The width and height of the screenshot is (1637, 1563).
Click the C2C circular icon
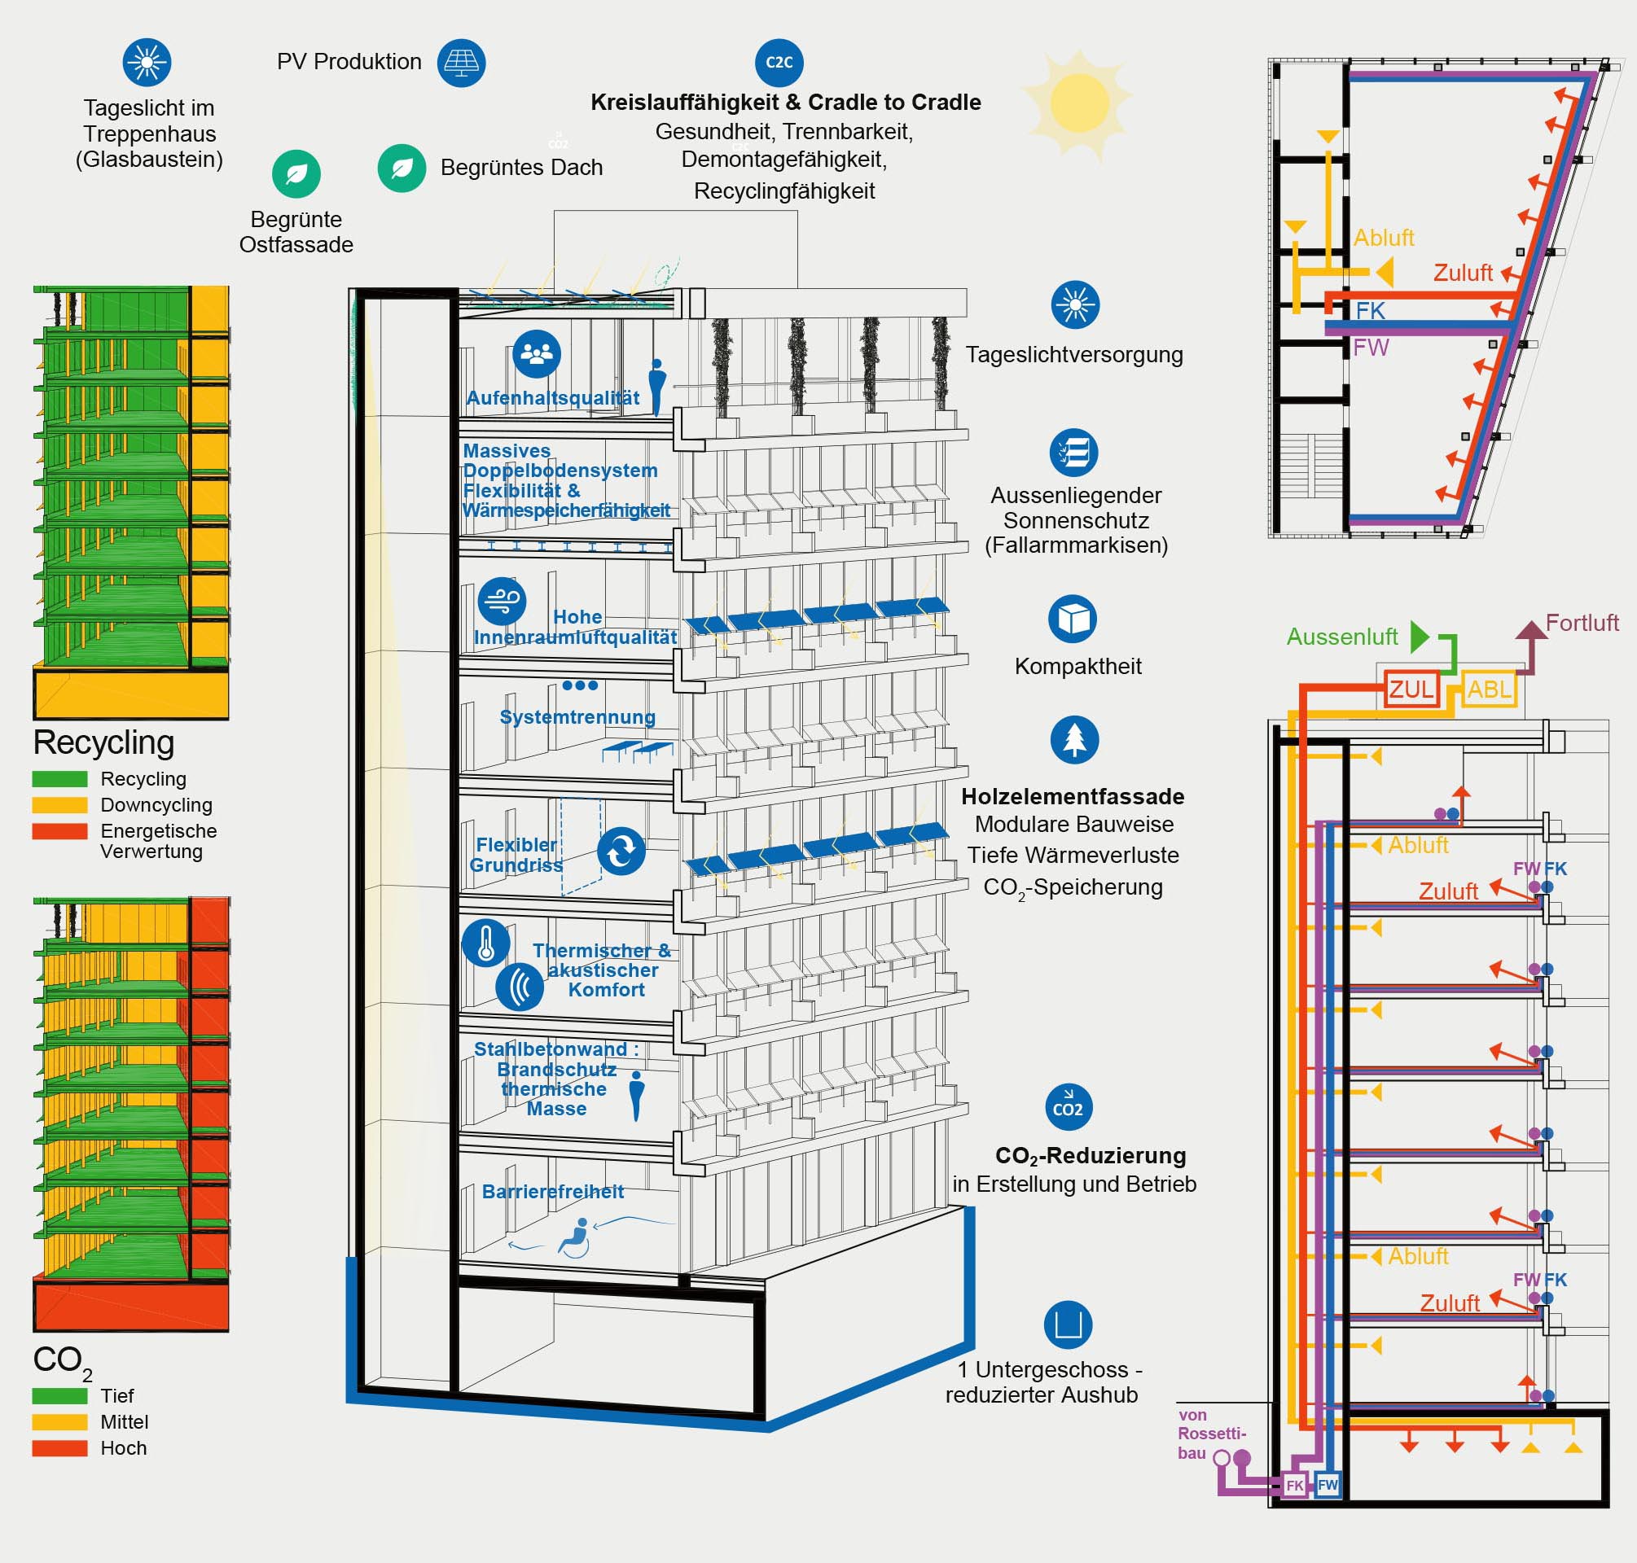point(779,63)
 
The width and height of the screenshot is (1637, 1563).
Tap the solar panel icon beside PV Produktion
point(461,63)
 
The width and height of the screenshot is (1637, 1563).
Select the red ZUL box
point(1411,689)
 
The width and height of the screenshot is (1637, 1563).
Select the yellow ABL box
point(1489,689)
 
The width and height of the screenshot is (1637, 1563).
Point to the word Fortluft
point(1581,623)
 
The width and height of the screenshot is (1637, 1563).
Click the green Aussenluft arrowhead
point(1420,637)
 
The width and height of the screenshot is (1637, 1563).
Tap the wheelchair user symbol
point(574,1237)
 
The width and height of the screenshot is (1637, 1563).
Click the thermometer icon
point(486,943)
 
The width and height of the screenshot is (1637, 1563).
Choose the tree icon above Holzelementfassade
point(1074,740)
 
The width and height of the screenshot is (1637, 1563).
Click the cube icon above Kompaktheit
point(1072,619)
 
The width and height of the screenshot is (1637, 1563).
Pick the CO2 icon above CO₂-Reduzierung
point(1069,1106)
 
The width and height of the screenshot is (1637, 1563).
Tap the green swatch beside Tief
point(59,1395)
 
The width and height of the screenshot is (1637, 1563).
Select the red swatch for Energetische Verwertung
point(59,831)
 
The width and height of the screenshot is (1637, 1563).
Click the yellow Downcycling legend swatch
point(59,805)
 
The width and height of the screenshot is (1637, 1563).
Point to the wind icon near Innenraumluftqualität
point(502,601)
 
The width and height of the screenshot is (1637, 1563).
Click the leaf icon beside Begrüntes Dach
point(402,169)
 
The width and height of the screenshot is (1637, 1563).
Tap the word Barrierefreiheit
point(553,1192)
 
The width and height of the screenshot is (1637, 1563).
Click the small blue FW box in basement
point(1327,1484)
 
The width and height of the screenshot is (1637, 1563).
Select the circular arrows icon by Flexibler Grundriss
point(621,851)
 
